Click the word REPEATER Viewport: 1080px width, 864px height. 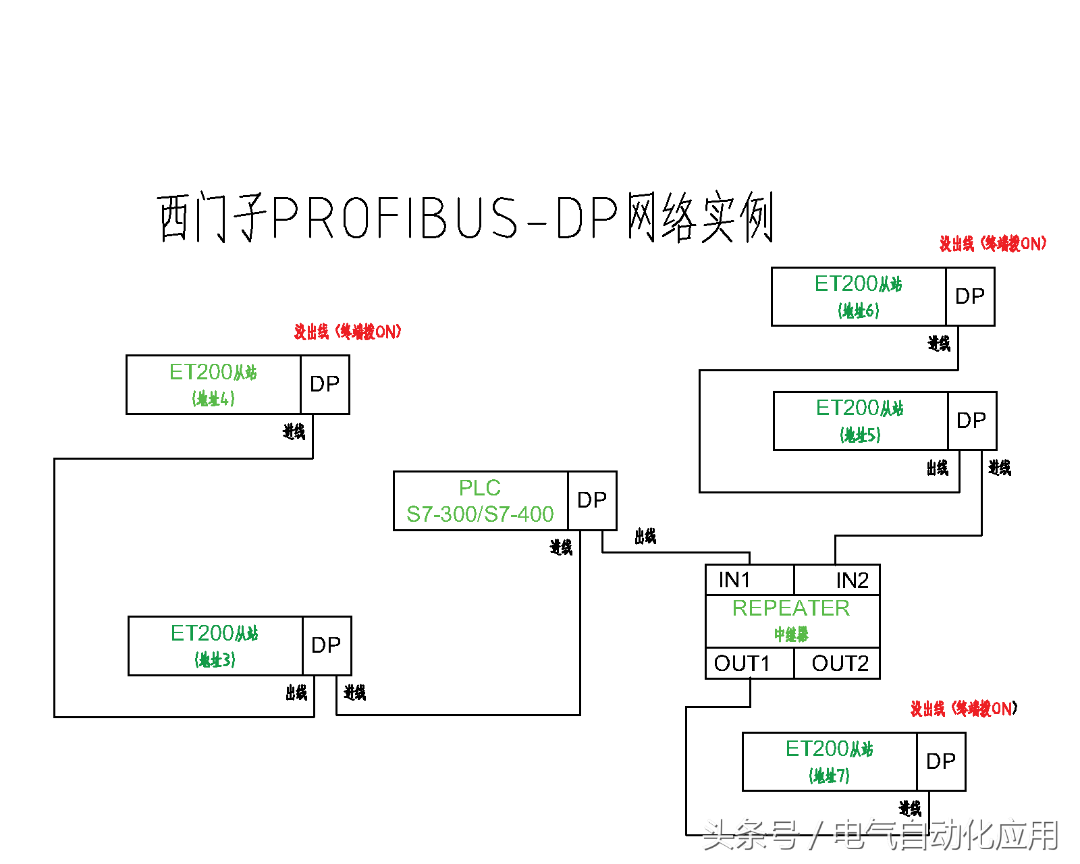(791, 608)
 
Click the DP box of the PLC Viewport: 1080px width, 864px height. (592, 500)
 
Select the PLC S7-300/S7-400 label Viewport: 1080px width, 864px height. (480, 501)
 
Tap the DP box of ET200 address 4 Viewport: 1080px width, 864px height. (325, 384)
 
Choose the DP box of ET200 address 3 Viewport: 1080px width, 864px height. (327, 645)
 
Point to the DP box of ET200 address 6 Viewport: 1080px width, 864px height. (970, 296)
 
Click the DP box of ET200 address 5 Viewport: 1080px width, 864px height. (971, 421)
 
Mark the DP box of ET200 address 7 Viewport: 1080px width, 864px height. (941, 761)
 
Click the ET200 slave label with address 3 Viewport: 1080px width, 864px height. (215, 645)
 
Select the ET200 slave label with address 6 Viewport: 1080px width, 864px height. (858, 296)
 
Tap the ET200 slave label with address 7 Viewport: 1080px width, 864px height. (829, 761)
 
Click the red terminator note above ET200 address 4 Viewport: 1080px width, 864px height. (348, 331)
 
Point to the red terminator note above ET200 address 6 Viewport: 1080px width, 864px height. (993, 244)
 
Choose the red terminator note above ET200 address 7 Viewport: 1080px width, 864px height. (964, 709)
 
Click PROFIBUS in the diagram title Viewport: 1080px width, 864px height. (395, 218)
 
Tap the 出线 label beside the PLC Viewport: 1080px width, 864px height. (645, 537)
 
